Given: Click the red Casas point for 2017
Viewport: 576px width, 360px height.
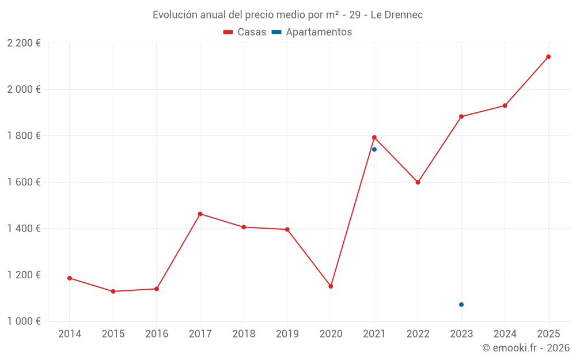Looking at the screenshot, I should pos(200,214).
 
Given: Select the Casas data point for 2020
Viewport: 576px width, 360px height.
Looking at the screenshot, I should pos(331,286).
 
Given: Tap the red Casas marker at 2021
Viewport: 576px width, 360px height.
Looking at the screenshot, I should pos(374,137).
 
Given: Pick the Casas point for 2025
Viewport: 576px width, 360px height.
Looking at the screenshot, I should pos(548,56).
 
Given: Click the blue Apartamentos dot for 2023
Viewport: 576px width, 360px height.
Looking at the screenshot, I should pos(461,305).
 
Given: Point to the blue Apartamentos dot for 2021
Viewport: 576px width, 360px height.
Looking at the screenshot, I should pos(374,149).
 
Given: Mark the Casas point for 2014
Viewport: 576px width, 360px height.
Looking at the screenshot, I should pos(70,278).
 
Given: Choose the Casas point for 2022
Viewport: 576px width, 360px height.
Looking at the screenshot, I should pos(418,182).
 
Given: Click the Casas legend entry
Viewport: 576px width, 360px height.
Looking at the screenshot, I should pos(245,32).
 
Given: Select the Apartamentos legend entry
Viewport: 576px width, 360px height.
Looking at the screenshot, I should pos(312,32).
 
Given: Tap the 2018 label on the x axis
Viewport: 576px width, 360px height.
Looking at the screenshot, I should pos(244,334).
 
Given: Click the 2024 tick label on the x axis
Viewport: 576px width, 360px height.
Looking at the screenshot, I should pos(505,334).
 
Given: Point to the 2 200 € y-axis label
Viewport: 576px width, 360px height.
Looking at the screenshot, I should pos(24,43).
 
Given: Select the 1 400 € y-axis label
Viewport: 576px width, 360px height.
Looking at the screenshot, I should pos(24,229).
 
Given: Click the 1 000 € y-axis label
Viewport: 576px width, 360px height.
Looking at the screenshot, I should pos(24,321).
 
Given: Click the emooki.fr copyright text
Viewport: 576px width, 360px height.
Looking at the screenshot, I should pos(525,348).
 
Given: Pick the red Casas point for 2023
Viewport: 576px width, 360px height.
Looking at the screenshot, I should pos(461,116).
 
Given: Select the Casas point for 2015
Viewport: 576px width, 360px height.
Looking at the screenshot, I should pos(113,291).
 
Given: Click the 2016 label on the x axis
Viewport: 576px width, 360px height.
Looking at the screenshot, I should pos(157,334).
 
